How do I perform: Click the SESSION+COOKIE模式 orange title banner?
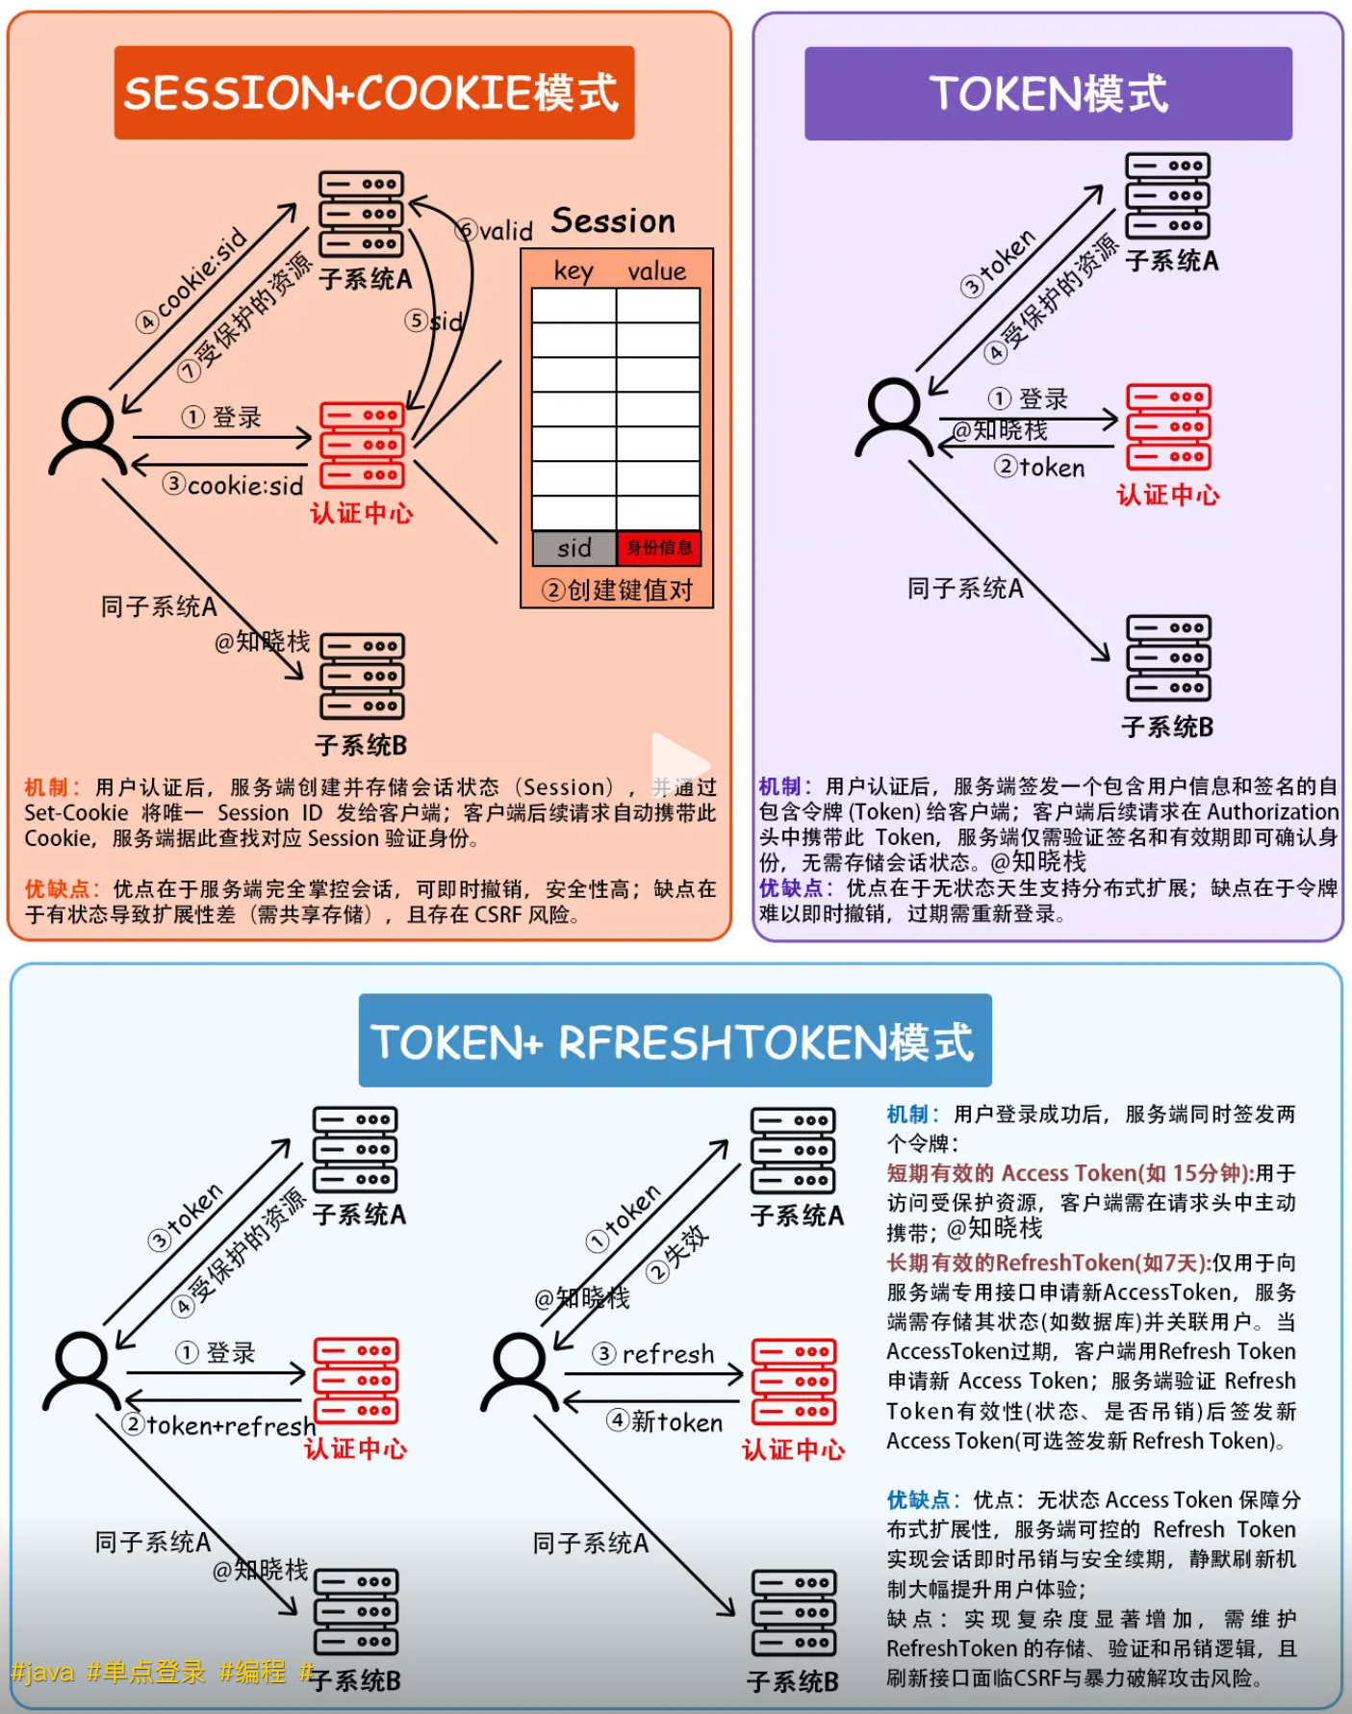coord(373,92)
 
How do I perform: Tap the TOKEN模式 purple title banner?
coord(1048,93)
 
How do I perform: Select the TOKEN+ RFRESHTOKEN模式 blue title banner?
coord(675,1041)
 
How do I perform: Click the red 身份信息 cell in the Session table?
coord(659,548)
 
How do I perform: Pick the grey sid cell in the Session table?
coord(574,548)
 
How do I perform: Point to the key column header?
coord(574,271)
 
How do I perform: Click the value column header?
coord(657,271)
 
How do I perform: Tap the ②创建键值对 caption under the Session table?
coord(617,589)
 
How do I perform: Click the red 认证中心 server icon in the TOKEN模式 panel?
coord(1168,426)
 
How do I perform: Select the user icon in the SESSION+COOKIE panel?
coord(88,436)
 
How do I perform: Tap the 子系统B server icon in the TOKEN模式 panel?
coord(1168,658)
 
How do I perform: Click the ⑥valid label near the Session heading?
coord(495,230)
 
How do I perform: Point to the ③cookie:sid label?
coord(233,485)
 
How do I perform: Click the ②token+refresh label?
coord(219,1424)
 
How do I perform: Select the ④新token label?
coord(665,1421)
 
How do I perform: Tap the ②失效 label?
coord(678,1254)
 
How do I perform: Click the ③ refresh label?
coord(653,1354)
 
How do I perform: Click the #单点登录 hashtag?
coord(146,1672)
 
